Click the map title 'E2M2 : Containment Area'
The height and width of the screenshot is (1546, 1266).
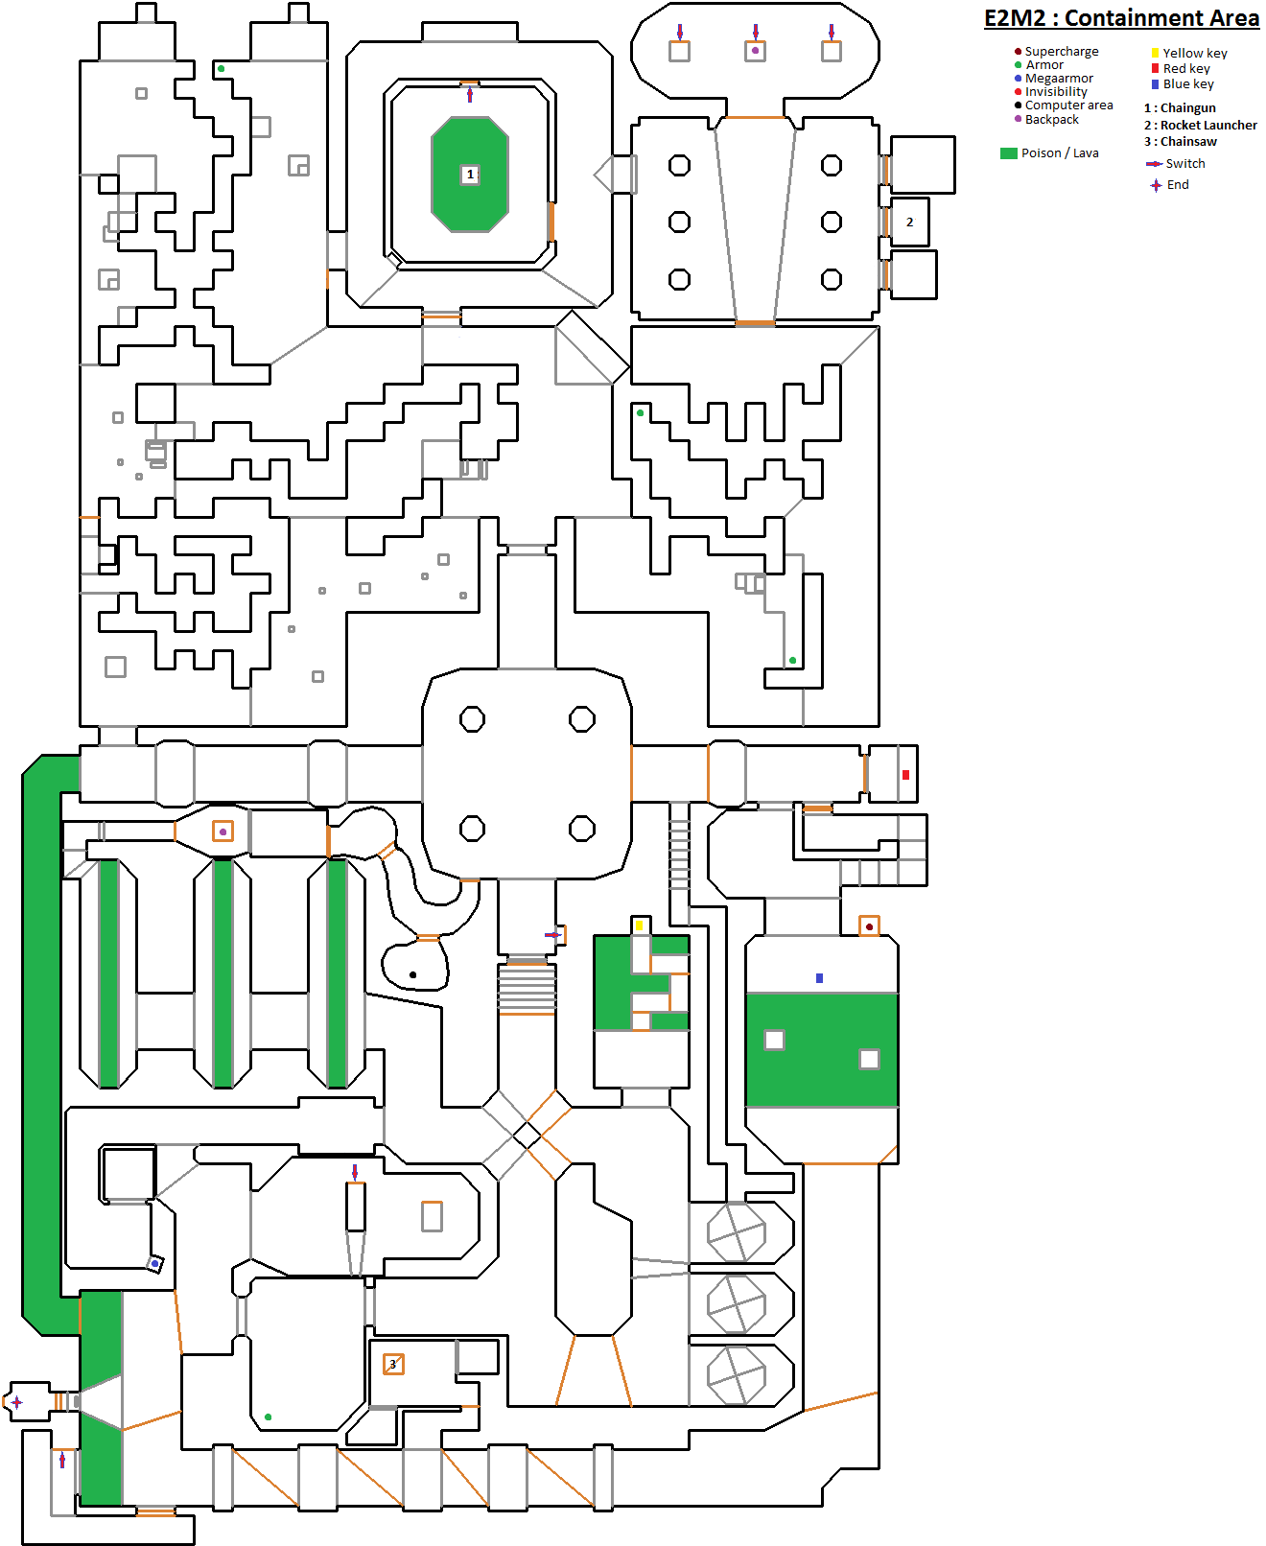1121,18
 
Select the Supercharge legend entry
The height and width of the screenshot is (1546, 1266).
1056,52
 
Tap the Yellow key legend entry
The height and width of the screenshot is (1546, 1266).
1189,53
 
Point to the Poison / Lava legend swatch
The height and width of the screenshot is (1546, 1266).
1009,153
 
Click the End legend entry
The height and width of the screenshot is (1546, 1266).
1169,185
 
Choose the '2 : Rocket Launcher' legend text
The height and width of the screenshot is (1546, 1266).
1200,125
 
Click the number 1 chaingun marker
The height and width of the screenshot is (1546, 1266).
470,175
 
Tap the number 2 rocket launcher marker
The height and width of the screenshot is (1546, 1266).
910,223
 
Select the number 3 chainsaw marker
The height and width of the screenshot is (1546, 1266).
393,1364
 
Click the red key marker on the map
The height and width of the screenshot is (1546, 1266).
906,775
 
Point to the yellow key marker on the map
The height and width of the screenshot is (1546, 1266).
639,925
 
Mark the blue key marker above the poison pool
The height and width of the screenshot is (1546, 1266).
820,978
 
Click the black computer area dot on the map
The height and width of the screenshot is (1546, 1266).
412,975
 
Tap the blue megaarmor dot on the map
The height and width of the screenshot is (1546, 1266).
154,1264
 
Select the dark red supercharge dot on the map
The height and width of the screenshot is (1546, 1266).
869,926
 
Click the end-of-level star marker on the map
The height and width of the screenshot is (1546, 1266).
17,1402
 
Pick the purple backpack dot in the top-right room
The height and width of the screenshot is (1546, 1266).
755,51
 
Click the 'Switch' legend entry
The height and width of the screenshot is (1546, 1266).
1175,163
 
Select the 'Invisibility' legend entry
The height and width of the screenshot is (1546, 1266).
1050,92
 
